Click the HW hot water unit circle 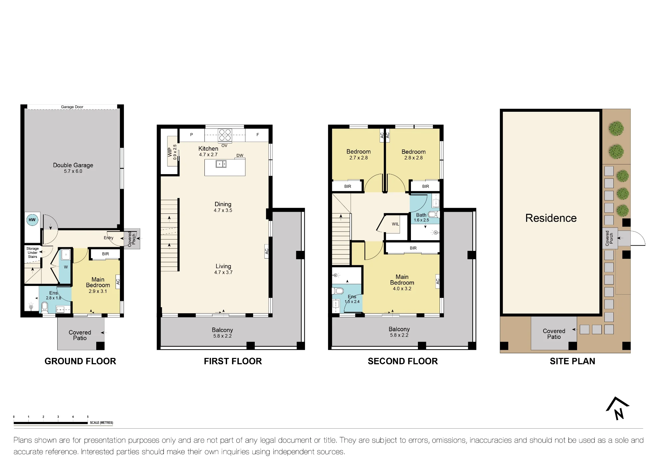tap(32, 220)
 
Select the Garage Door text tap(72, 107)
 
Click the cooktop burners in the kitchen tap(225, 135)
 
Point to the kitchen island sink tap(221, 164)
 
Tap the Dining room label tap(223, 207)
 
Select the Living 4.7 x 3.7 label tap(223, 269)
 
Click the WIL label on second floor tap(395, 224)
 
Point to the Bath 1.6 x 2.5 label tap(421, 217)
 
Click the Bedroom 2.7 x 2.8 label tap(358, 154)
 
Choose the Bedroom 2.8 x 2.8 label tap(413, 154)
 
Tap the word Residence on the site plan tap(551, 218)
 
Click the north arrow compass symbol tap(618, 408)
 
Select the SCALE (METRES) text tap(102, 423)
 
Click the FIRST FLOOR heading tap(233, 361)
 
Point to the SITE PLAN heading tap(572, 361)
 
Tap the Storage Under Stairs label tap(33, 253)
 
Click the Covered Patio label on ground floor tap(80, 335)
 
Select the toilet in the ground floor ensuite tap(45, 307)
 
